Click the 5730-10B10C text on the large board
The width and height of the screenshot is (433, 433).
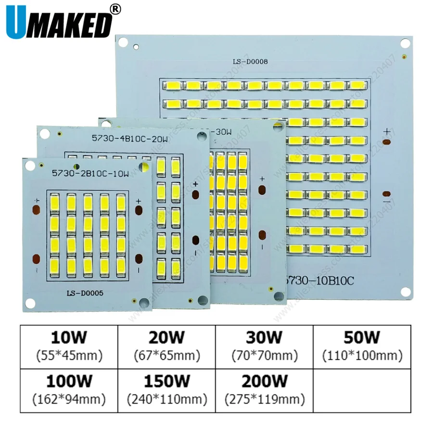click(320, 280)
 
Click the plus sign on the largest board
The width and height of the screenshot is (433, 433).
click(387, 131)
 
